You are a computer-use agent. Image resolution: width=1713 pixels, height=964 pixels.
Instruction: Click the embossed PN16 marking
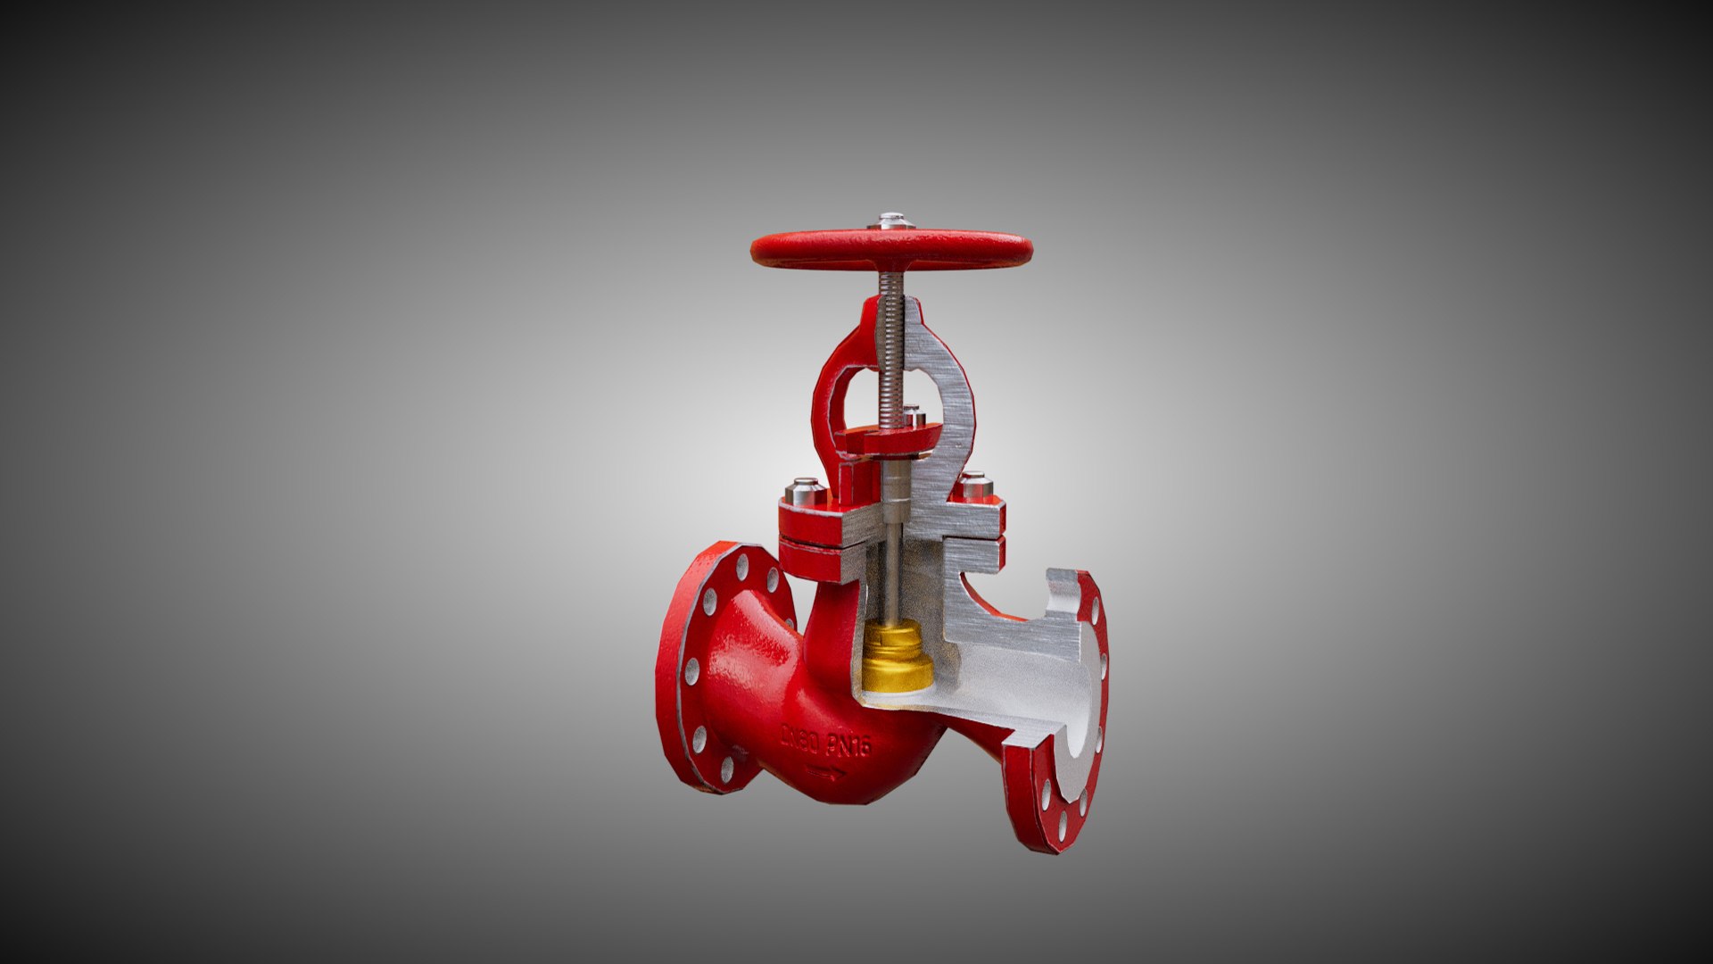click(x=848, y=744)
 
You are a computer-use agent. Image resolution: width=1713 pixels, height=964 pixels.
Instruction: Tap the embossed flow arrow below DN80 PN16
click(x=824, y=773)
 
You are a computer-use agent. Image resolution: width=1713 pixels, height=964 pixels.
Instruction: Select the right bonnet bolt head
click(x=976, y=486)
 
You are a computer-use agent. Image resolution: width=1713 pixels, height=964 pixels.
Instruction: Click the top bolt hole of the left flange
click(x=742, y=564)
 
